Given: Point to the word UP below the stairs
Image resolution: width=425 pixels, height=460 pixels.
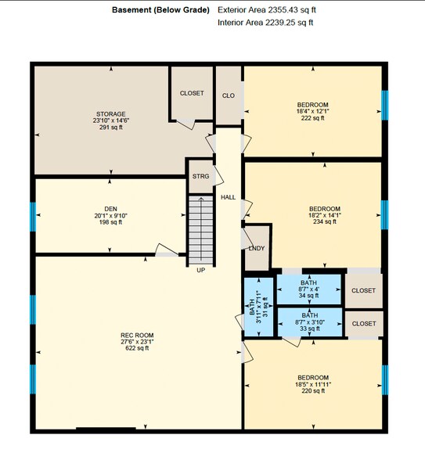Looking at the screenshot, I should pyautogui.click(x=200, y=270).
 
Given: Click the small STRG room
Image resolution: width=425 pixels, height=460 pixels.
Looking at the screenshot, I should pyautogui.click(x=200, y=177).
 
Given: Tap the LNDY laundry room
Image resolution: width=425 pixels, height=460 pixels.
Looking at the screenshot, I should pyautogui.click(x=256, y=248).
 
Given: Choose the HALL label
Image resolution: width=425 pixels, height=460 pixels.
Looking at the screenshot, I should pyautogui.click(x=228, y=197).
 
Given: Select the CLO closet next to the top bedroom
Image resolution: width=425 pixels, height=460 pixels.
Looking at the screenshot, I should pyautogui.click(x=229, y=95).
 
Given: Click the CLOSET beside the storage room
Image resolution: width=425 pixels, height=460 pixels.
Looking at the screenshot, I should pyautogui.click(x=192, y=93).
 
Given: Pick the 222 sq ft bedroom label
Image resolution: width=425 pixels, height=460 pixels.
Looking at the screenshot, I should pyautogui.click(x=312, y=111).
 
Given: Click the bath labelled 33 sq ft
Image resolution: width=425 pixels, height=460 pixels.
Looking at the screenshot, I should pyautogui.click(x=308, y=322).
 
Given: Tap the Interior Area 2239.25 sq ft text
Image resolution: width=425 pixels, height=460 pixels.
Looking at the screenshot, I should pyautogui.click(x=265, y=23).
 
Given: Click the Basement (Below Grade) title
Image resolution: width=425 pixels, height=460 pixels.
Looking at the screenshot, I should pyautogui.click(x=160, y=10).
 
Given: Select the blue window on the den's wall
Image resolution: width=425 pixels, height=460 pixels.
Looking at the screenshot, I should pyautogui.click(x=33, y=216).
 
